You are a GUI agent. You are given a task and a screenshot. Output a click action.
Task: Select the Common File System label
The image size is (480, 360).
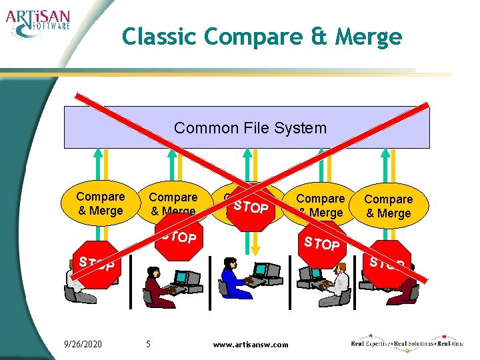tap(250, 127)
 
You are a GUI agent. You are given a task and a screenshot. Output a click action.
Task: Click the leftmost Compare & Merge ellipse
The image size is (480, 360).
tap(99, 203)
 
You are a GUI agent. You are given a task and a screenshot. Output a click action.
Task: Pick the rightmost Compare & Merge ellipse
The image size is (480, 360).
tap(388, 206)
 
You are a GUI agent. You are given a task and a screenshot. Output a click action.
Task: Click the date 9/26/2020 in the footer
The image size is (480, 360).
tap(83, 344)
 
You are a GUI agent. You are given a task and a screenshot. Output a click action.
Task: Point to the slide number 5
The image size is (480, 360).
tap(149, 344)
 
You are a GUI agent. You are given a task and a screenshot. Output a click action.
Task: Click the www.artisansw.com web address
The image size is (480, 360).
tap(250, 344)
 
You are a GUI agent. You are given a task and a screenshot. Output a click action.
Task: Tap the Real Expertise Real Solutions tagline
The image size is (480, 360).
tap(407, 343)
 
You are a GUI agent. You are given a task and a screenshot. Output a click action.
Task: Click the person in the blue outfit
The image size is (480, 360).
tap(235, 279)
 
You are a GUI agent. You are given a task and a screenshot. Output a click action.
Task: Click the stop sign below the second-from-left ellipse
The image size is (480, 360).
tap(177, 237)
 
